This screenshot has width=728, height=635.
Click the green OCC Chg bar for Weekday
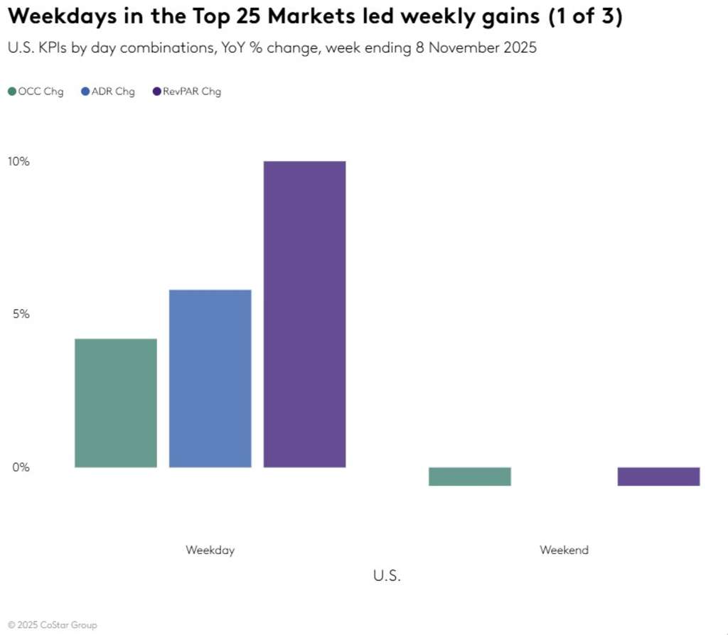pyautogui.click(x=115, y=403)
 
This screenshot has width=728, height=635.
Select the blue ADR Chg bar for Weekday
pyautogui.click(x=210, y=378)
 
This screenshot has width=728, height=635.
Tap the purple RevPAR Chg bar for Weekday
pyautogui.click(x=304, y=314)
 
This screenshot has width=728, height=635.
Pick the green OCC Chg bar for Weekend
pyautogui.click(x=470, y=477)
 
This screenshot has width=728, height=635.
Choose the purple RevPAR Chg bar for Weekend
pyautogui.click(x=658, y=477)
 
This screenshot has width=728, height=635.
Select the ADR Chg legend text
pyautogui.click(x=113, y=92)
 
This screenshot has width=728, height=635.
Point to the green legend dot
pyautogui.click(x=12, y=92)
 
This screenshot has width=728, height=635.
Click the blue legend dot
pyautogui.click(x=85, y=92)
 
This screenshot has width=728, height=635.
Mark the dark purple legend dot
pyautogui.click(x=156, y=92)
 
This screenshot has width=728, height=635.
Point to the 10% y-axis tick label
pyautogui.click(x=18, y=161)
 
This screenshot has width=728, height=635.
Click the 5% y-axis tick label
pyautogui.click(x=21, y=314)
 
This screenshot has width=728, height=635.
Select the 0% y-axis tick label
pyautogui.click(x=21, y=467)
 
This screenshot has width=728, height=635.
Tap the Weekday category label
pyautogui.click(x=210, y=550)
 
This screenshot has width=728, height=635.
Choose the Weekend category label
pyautogui.click(x=564, y=550)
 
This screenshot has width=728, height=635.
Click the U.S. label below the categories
pyautogui.click(x=387, y=575)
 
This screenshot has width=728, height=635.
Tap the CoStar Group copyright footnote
pyautogui.click(x=53, y=625)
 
